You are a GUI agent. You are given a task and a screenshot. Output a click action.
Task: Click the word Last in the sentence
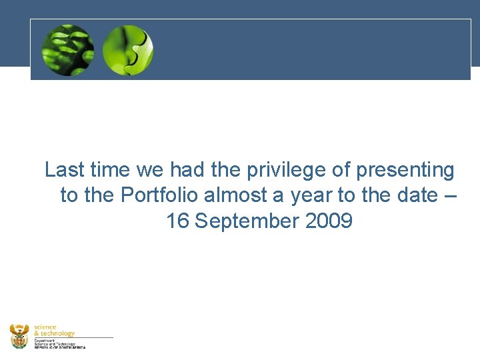point(65,170)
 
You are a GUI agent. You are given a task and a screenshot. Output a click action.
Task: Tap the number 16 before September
point(177,221)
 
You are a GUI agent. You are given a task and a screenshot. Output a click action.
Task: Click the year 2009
point(329,221)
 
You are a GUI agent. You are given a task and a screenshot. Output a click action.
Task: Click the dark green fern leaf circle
point(67,49)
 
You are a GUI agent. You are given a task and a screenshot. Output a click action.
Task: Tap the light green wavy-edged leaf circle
point(128,49)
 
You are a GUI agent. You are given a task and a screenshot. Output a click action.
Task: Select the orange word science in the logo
point(45,327)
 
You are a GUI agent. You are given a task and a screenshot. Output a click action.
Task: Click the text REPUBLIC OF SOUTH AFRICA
point(60,347)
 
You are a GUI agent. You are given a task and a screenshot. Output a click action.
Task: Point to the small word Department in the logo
point(45,339)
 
